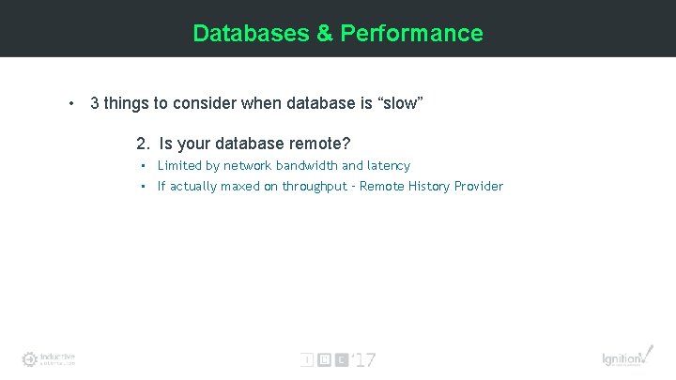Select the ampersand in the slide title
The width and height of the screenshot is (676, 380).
coord(324,34)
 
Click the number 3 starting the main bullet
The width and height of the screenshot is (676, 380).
coord(95,103)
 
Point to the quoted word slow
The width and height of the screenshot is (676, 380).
coord(400,103)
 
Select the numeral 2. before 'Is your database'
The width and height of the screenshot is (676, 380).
coord(143,144)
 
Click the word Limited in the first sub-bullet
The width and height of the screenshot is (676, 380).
coord(179,166)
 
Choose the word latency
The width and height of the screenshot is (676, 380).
coord(389,166)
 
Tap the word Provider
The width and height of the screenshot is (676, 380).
coord(479,187)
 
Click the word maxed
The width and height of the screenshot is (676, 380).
coord(238,187)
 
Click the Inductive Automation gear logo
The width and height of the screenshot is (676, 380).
coord(31,358)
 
